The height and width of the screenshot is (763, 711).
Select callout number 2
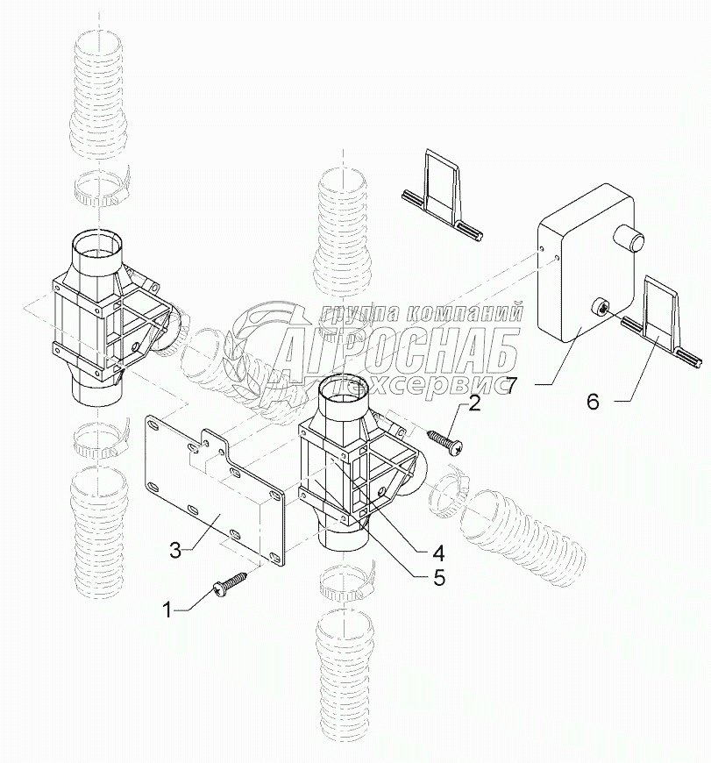[474, 403]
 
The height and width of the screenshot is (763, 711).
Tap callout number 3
[174, 549]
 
